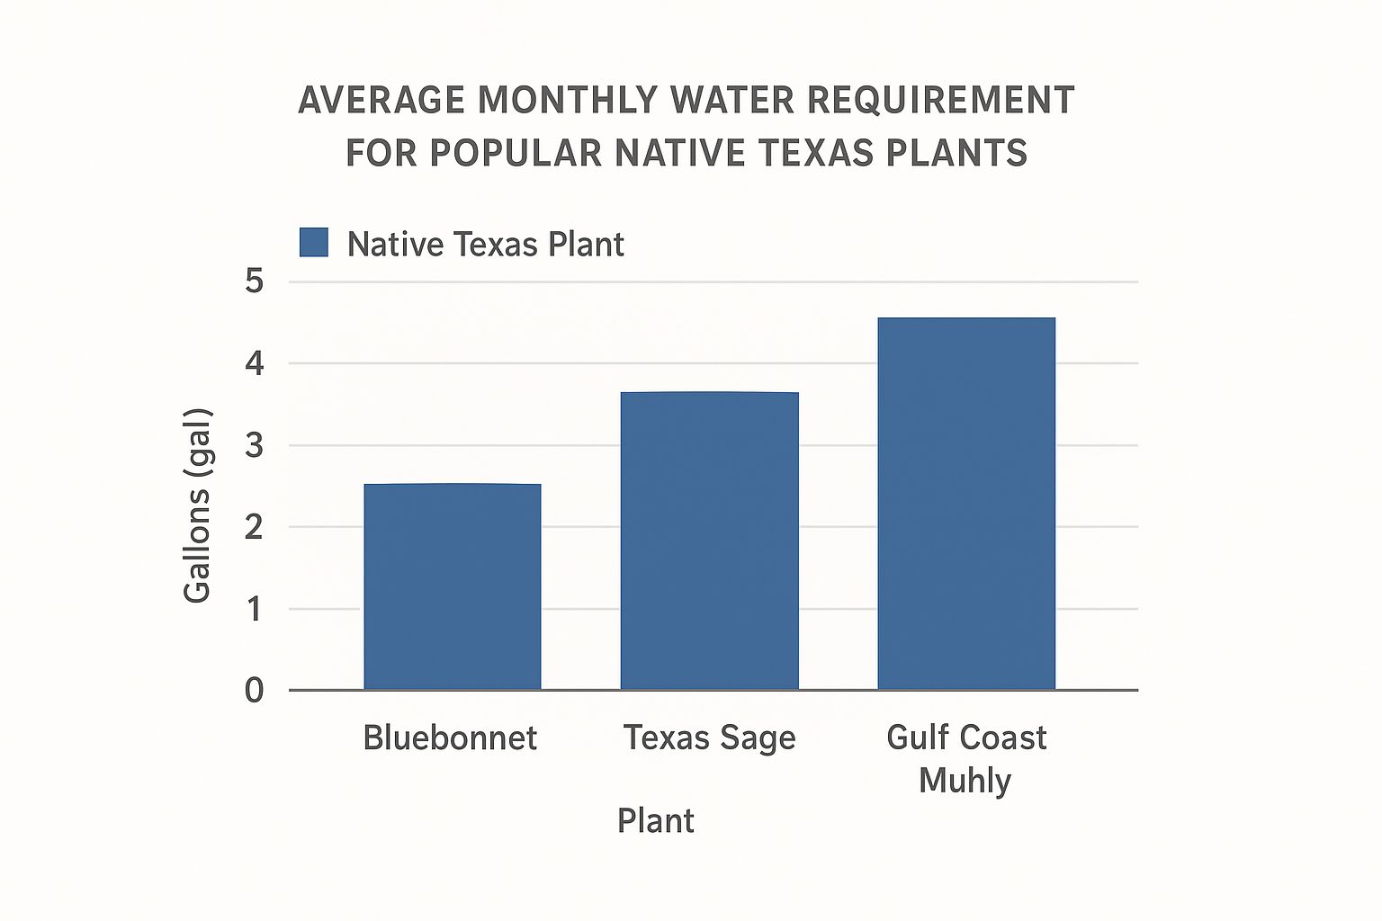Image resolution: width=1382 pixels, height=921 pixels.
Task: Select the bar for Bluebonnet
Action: tap(453, 586)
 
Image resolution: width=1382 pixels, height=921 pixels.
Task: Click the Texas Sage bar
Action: tap(710, 541)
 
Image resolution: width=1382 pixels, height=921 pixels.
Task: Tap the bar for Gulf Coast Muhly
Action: tap(966, 504)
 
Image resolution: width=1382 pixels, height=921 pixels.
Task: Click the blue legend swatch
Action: tap(313, 243)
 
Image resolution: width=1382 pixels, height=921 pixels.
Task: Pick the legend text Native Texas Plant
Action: tap(486, 244)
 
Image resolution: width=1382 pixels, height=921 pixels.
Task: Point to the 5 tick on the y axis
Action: tap(255, 282)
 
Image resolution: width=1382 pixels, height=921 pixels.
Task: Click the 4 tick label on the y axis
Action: tap(255, 363)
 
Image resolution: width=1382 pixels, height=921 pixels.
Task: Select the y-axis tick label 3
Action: tap(255, 445)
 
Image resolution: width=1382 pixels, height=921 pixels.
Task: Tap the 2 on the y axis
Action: tap(255, 527)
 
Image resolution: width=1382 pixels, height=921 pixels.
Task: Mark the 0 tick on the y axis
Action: tap(255, 690)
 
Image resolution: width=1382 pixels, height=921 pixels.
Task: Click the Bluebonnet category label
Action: tap(450, 738)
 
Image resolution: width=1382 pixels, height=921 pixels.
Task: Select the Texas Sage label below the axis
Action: tap(710, 738)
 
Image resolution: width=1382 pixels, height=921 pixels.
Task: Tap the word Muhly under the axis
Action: tap(965, 781)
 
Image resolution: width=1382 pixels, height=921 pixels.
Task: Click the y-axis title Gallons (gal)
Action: tap(198, 505)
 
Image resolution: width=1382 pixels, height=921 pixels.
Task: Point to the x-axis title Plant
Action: tap(656, 821)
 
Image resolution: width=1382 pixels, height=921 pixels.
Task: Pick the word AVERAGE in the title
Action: tap(381, 100)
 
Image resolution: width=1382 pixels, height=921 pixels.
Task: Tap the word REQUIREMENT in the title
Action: tap(941, 100)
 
